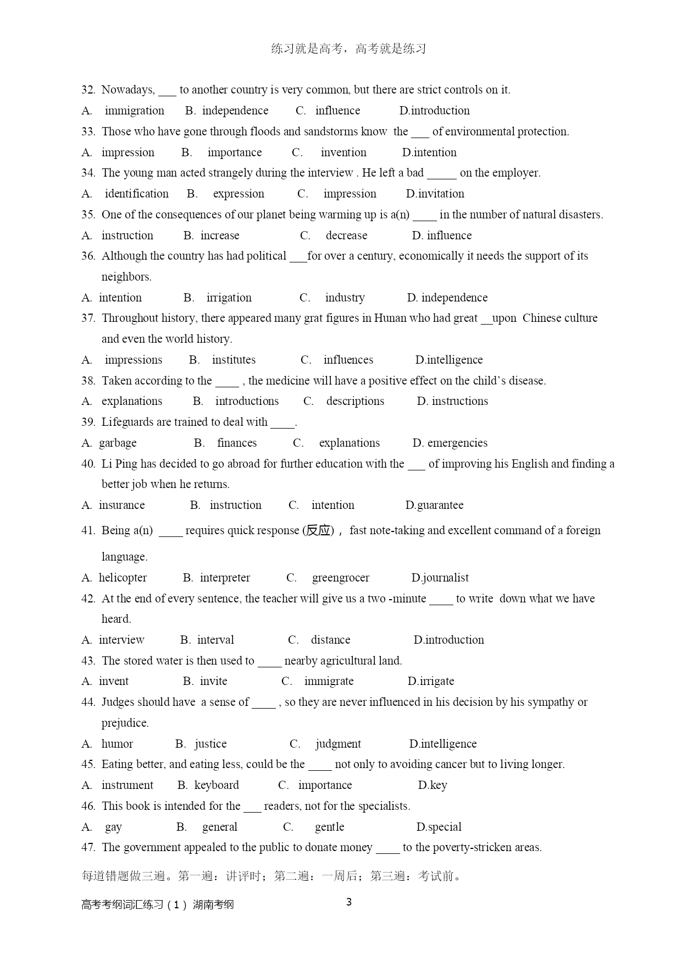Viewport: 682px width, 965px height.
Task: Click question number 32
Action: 88,90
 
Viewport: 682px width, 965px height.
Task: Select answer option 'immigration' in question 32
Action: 134,111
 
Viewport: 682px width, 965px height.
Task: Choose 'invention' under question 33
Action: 343,152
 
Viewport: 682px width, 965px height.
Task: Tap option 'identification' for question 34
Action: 136,194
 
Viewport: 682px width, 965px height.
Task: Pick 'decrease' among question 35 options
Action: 346,235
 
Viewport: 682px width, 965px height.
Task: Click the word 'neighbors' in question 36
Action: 126,277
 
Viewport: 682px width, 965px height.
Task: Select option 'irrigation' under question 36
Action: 229,298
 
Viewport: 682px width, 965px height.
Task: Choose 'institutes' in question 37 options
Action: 234,360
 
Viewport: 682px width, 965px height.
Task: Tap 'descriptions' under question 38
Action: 355,401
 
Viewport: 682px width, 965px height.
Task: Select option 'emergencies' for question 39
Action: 457,443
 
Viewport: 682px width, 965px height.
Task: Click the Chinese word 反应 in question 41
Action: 319,530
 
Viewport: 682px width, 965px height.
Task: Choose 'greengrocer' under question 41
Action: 341,578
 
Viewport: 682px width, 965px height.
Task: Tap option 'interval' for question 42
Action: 215,640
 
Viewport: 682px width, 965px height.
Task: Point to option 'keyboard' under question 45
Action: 217,785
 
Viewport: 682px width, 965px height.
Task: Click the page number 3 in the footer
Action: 348,902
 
